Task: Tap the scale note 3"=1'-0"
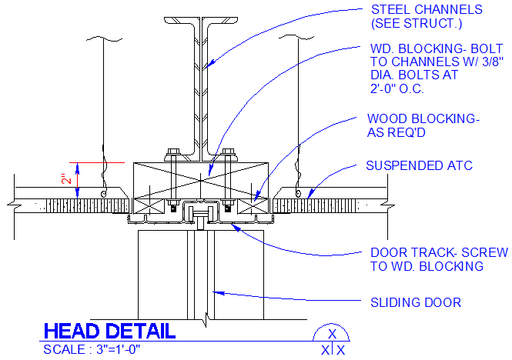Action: pos(92,349)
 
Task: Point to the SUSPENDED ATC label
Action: pos(419,165)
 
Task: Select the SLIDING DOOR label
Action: pos(416,302)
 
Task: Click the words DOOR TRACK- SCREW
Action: pos(438,252)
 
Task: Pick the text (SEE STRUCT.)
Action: pos(415,24)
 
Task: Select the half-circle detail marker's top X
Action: pos(332,334)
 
